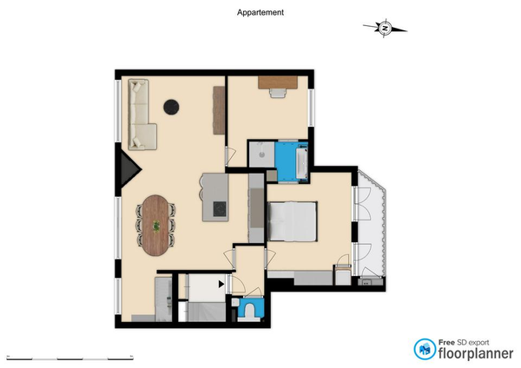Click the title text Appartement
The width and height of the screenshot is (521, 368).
click(x=260, y=13)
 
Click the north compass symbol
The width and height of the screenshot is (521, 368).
click(x=385, y=28)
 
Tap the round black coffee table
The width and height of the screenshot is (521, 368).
click(x=171, y=107)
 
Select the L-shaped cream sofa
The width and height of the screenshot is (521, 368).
click(x=142, y=115)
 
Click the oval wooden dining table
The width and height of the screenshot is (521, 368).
click(x=155, y=225)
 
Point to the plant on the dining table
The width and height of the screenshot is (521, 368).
click(x=155, y=227)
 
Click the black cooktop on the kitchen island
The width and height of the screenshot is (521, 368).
click(x=220, y=209)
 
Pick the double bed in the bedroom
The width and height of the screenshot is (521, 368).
click(x=292, y=221)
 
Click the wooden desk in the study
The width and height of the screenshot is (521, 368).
click(x=278, y=82)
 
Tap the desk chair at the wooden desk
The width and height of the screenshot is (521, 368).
click(x=278, y=93)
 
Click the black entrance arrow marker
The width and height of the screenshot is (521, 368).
click(x=221, y=284)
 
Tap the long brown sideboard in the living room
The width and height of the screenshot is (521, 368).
click(x=219, y=110)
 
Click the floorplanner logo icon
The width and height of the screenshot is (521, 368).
click(x=425, y=349)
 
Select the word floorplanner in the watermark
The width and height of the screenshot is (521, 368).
click(x=476, y=353)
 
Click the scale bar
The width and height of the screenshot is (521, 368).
click(x=69, y=358)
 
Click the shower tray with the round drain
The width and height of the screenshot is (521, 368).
click(x=262, y=154)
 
